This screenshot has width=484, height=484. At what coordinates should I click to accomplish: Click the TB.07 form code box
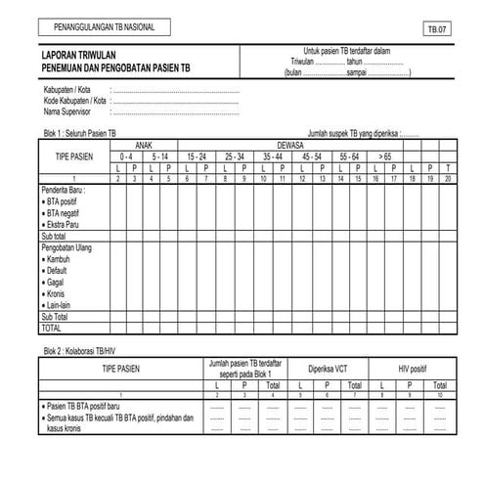click(x=435, y=30)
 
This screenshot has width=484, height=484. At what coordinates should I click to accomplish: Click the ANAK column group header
click(x=144, y=143)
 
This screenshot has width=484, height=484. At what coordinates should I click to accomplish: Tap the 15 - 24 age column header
click(x=197, y=155)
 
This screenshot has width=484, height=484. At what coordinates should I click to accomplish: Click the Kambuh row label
click(x=58, y=260)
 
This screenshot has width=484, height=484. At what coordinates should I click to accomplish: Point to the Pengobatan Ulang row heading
click(x=70, y=248)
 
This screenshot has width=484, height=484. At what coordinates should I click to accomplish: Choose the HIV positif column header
click(x=411, y=371)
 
